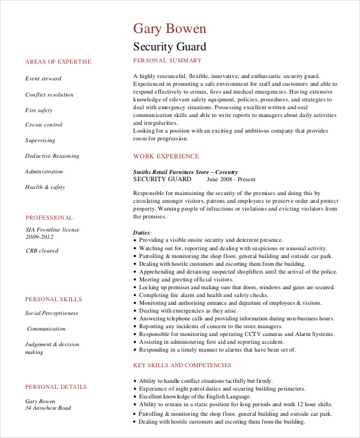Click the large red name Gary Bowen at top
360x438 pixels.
tap(169, 28)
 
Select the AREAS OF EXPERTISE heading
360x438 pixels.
tap(58, 62)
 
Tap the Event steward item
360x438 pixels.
tap(43, 79)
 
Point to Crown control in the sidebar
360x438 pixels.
tap(44, 125)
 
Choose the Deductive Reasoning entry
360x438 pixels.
tap(52, 156)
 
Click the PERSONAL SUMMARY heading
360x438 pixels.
tap(167, 61)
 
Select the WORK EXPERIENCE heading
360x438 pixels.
tap(166, 156)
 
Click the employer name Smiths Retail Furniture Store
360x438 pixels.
tap(185, 172)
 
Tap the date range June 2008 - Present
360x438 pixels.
tap(231, 179)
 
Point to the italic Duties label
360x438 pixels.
tap(142, 232)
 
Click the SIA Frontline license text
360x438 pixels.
tap(52, 230)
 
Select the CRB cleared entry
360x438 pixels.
tap(42, 251)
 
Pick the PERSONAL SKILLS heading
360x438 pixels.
tap(53, 299)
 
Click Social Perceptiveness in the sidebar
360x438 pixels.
tap(52, 313)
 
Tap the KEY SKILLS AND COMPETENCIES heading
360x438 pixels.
tap(182, 365)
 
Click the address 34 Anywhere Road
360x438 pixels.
tap(48, 408)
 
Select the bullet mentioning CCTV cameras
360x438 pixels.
tap(236, 334)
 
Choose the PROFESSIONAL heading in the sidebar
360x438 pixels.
tap(49, 218)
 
